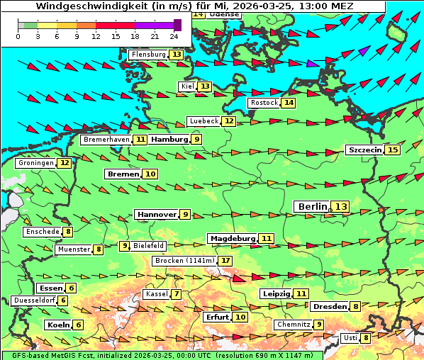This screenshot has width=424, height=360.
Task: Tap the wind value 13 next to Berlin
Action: tap(341, 206)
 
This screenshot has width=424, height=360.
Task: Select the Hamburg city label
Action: tap(169, 140)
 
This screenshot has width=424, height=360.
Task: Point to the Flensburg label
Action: tap(148, 55)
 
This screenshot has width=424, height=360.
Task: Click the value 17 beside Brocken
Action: tap(225, 261)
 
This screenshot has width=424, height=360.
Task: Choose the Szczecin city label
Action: tap(364, 150)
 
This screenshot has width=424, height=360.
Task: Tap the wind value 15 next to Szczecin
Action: tap(392, 150)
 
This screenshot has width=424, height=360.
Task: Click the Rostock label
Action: tap(264, 103)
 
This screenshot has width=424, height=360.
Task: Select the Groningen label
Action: tap(35, 163)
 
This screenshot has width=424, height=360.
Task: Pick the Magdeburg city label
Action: tap(232, 238)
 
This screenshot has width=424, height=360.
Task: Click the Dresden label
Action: tap(329, 307)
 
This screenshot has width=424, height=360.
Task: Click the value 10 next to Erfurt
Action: tap(240, 317)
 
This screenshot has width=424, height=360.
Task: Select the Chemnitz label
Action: tap(294, 325)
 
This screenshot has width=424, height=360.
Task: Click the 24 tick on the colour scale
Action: tap(174, 35)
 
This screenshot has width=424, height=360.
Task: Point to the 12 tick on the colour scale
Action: tap(96, 35)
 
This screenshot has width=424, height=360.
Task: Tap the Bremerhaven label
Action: tap(106, 140)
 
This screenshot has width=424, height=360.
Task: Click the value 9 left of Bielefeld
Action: tap(125, 246)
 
